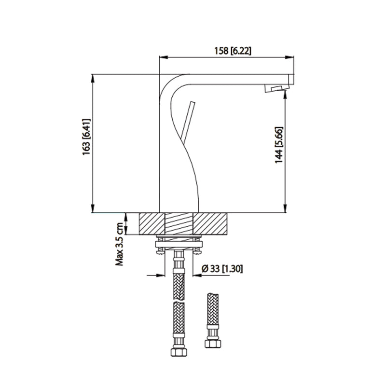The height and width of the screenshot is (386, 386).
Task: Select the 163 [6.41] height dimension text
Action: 86,143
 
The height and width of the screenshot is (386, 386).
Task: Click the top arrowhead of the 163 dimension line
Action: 92,78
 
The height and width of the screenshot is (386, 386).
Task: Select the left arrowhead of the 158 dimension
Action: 163,57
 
